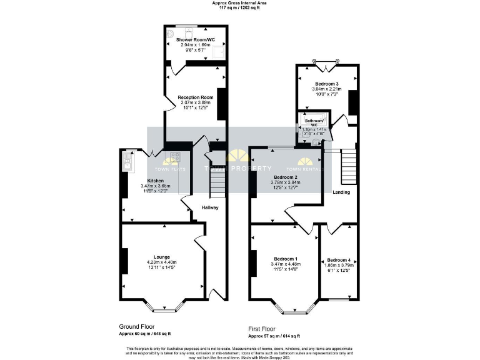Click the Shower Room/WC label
click(195, 40)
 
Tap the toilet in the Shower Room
click(187, 32)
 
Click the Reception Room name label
click(195, 97)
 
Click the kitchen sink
click(127, 164)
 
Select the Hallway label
click(210, 207)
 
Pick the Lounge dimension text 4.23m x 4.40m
click(162, 262)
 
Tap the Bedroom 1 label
click(286, 259)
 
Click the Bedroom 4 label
click(339, 260)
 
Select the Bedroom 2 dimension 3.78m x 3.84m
click(287, 182)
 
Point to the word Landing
click(341, 192)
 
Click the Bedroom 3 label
click(327, 84)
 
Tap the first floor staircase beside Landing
click(348, 166)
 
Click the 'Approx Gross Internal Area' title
click(239, 3)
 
